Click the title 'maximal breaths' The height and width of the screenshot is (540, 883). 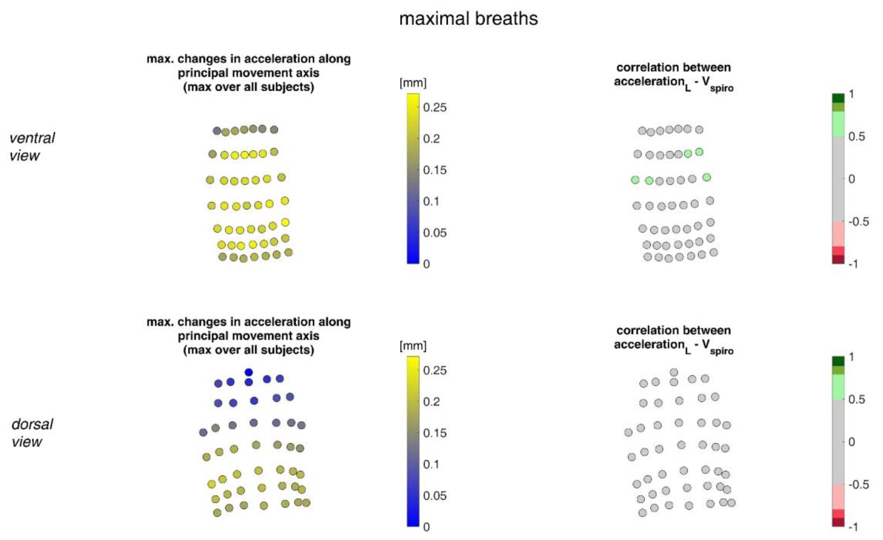click(469, 19)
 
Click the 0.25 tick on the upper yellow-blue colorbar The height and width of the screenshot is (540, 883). click(435, 107)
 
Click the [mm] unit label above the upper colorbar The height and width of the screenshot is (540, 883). click(413, 83)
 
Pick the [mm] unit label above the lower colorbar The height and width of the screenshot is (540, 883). click(413, 346)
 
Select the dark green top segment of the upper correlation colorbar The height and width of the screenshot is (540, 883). click(838, 98)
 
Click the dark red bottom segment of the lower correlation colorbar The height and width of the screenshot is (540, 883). click(838, 522)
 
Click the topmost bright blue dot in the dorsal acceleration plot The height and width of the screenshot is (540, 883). click(249, 372)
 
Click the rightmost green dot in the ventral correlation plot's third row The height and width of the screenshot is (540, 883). click(707, 177)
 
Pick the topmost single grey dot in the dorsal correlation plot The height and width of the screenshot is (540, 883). click(674, 372)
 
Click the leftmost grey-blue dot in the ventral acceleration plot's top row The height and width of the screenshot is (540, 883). click(217, 131)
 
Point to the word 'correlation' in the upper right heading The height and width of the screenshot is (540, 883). click(638, 67)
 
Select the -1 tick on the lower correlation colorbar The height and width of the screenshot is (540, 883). click(854, 527)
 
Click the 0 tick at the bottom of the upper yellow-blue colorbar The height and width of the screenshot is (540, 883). click(426, 264)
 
